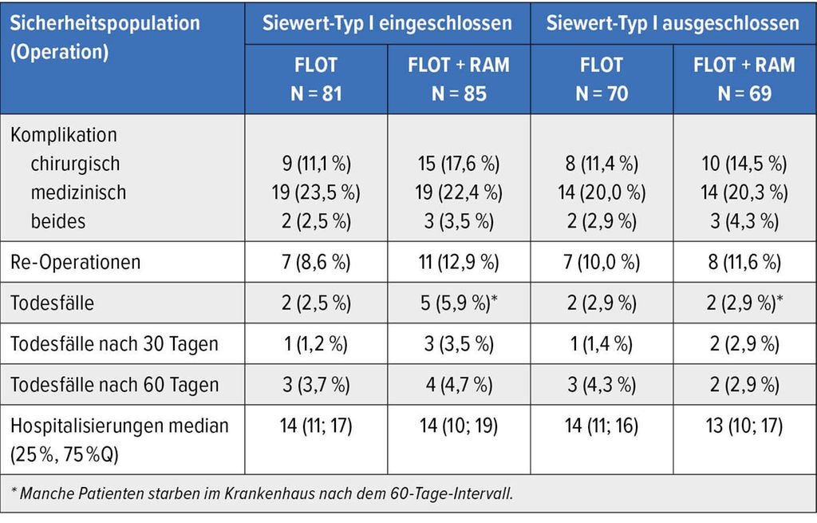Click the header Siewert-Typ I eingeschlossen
coord(387,23)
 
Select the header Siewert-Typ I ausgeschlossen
coord(673,23)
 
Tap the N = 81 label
coord(316,94)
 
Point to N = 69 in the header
coord(744,94)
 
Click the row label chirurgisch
coord(75,164)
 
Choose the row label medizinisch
coord(78,192)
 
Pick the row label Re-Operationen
coord(76,262)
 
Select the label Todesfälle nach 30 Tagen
coord(114,344)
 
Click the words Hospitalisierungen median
coord(120,426)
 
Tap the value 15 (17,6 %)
coord(459,164)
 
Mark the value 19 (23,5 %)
coord(316,192)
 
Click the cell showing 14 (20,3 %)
coord(744,192)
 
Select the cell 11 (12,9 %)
coord(459,262)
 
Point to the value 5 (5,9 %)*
coord(459,303)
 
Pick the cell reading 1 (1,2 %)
coord(316,344)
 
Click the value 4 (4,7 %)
coord(459,385)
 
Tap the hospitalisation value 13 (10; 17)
coord(744,426)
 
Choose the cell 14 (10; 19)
coord(459,426)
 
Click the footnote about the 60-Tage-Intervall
coord(262,493)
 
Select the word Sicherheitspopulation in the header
coord(105,23)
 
